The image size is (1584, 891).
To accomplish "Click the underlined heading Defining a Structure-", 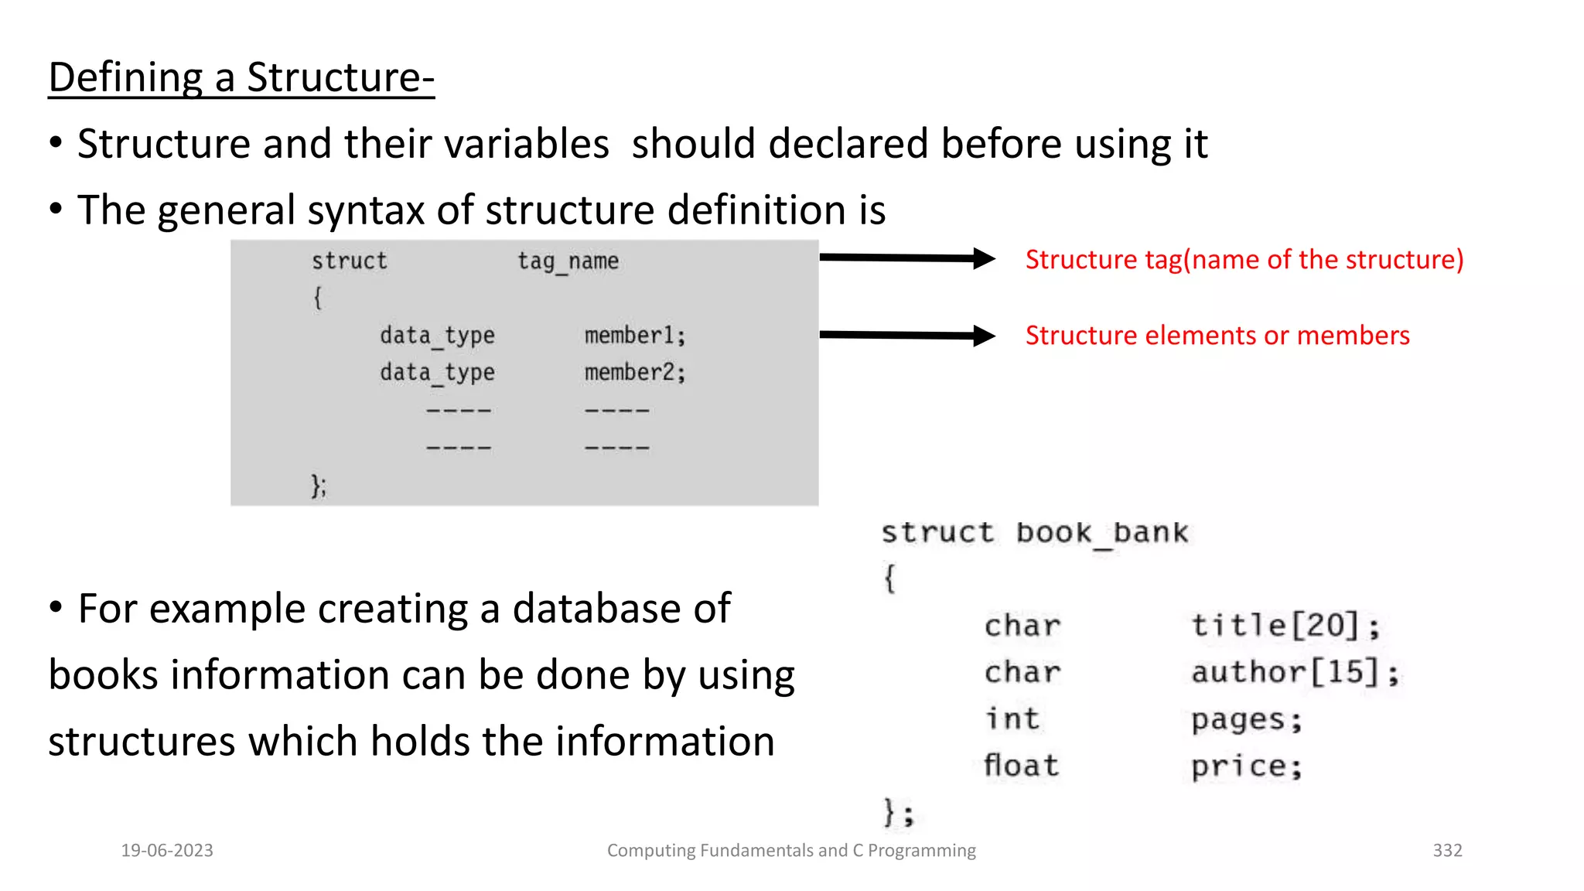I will [241, 78].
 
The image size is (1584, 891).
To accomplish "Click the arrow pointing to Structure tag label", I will [906, 258].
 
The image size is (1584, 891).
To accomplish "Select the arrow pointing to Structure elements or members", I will [906, 335].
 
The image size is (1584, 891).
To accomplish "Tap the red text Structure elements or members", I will [1217, 336].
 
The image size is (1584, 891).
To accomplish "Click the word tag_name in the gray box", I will [568, 261].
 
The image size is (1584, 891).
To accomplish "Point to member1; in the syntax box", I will [634, 336].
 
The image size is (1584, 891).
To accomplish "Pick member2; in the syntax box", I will [634, 373].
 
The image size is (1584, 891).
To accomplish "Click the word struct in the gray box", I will [349, 261].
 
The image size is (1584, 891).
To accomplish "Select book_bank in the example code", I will [1101, 533].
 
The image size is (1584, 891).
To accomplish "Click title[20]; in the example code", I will [1285, 625].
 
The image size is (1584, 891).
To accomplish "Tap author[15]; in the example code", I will [1295, 672].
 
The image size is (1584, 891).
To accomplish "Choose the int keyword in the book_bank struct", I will [1012, 719].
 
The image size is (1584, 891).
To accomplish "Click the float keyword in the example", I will [1021, 766].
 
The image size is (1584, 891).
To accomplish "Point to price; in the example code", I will [1246, 766].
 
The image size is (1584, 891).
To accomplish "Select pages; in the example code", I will [1246, 720].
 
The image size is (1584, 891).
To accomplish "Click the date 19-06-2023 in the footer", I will [167, 851].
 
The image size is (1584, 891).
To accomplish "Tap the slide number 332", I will [1447, 851].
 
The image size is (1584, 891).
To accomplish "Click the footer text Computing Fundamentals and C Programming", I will [791, 851].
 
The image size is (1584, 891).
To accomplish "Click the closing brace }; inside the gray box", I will [318, 486].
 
